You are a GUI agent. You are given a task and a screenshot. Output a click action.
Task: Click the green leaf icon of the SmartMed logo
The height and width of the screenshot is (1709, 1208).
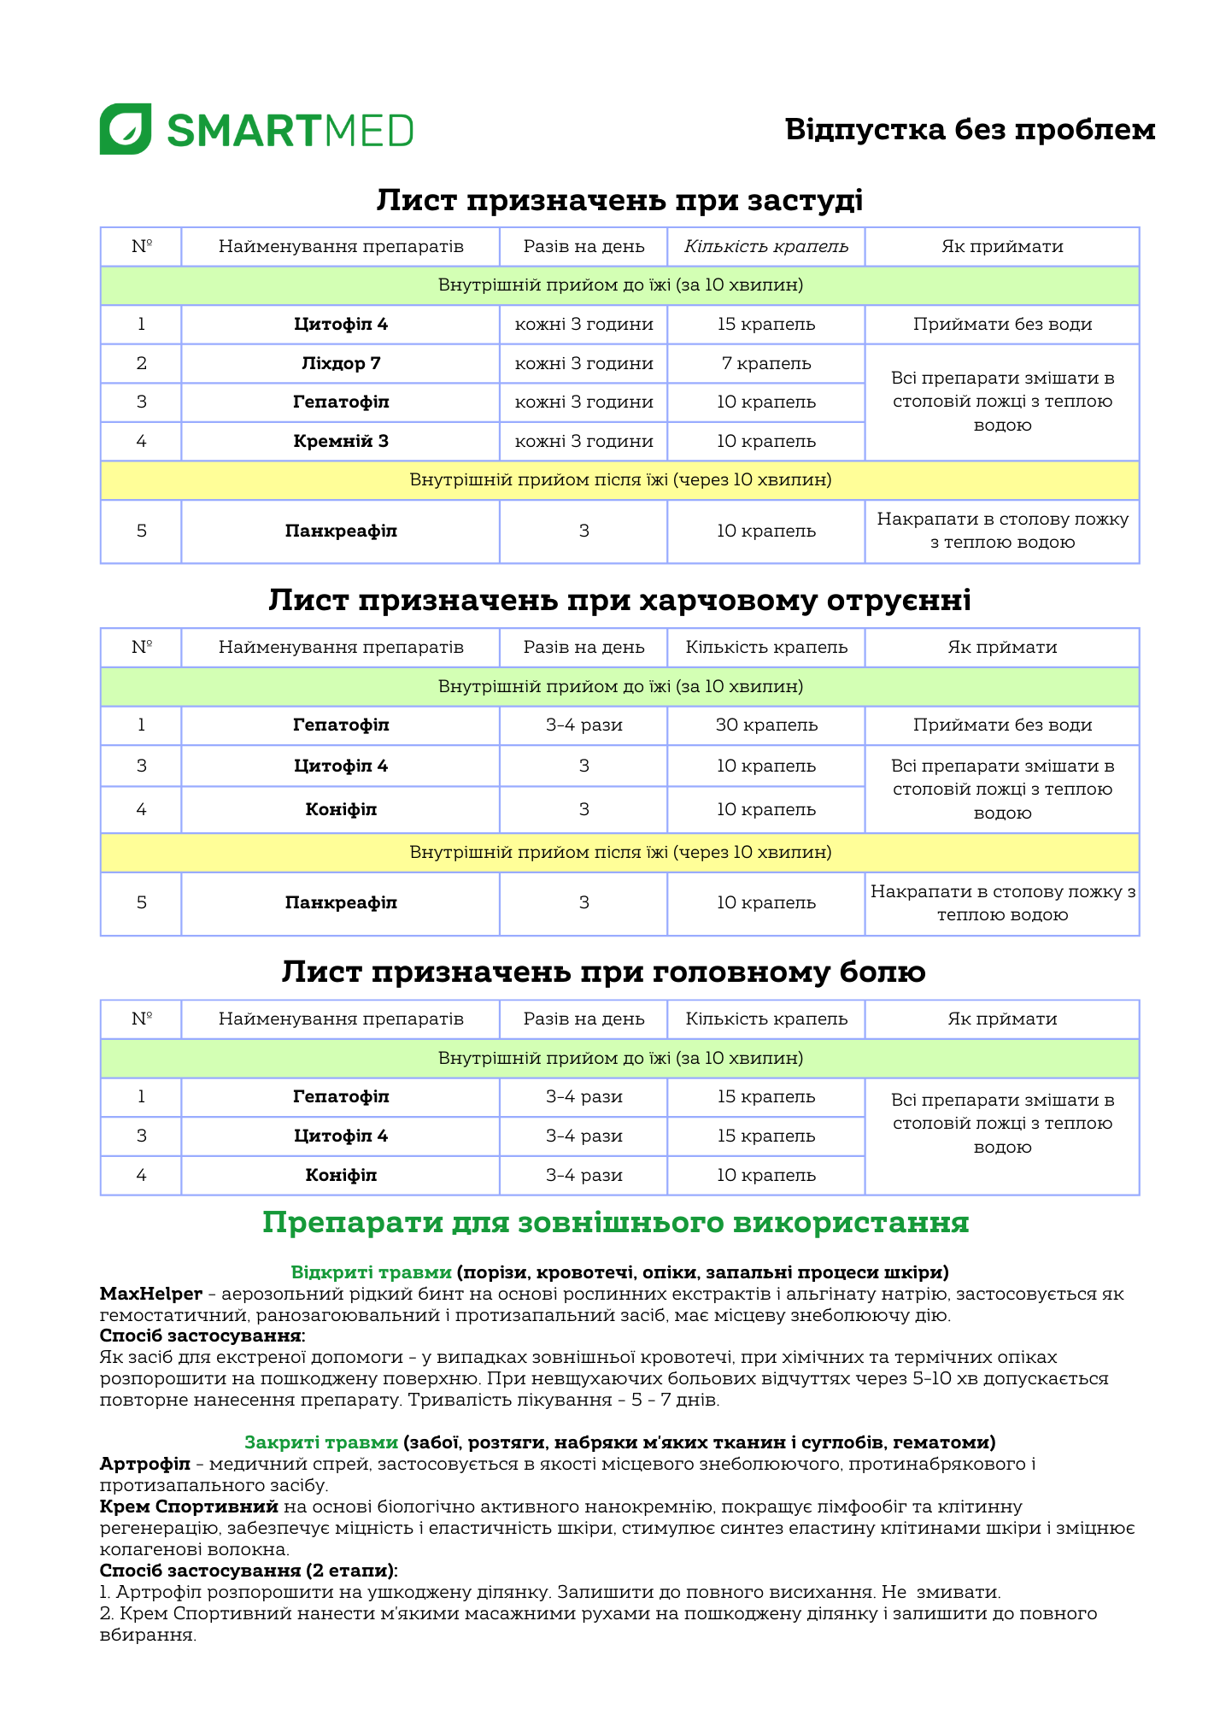pyautogui.click(x=126, y=129)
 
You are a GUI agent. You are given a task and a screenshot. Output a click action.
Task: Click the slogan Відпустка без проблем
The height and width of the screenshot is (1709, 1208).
pyautogui.click(x=970, y=130)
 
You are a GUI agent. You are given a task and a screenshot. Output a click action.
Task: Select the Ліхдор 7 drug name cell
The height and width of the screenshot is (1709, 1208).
pyautogui.click(x=341, y=363)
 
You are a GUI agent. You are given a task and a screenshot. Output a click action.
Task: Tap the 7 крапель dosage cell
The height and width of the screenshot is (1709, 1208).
pyautogui.click(x=766, y=363)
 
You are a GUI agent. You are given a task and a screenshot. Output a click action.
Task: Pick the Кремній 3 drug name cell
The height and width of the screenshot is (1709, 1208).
pyautogui.click(x=341, y=441)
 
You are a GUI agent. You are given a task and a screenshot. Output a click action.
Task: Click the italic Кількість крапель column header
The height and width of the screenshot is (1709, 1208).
pyautogui.click(x=766, y=247)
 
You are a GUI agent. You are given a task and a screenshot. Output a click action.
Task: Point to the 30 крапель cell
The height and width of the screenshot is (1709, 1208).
pyautogui.click(x=766, y=725)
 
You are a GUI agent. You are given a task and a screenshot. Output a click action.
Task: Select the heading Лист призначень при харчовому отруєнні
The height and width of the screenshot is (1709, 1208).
pyautogui.click(x=619, y=601)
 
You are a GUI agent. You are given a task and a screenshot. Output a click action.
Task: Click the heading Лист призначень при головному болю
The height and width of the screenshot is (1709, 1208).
pyautogui.click(x=603, y=972)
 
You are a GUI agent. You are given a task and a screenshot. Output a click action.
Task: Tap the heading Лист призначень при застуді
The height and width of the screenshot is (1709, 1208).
pyautogui.click(x=619, y=200)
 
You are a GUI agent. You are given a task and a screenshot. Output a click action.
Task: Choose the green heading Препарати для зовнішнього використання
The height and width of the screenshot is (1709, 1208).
pyautogui.click(x=615, y=1223)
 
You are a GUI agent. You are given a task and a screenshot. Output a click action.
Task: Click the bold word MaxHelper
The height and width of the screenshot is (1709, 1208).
pyautogui.click(x=151, y=1294)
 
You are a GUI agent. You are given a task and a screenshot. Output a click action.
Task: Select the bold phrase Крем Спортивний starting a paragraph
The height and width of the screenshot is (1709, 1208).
pyautogui.click(x=189, y=1506)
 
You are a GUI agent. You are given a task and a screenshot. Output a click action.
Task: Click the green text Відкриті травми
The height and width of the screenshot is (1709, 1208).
pyautogui.click(x=371, y=1272)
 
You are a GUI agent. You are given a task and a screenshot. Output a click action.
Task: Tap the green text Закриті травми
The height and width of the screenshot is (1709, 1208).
pyautogui.click(x=321, y=1442)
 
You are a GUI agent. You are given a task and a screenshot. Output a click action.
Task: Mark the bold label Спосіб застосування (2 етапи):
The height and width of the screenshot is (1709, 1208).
pyautogui.click(x=249, y=1571)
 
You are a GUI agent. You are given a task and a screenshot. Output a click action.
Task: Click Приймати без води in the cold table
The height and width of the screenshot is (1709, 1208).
pyautogui.click(x=1002, y=325)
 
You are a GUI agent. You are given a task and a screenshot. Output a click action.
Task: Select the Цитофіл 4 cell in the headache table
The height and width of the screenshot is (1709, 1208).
pyautogui.click(x=341, y=1136)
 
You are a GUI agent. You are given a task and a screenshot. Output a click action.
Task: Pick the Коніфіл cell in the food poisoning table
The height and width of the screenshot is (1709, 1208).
pyautogui.click(x=341, y=809)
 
